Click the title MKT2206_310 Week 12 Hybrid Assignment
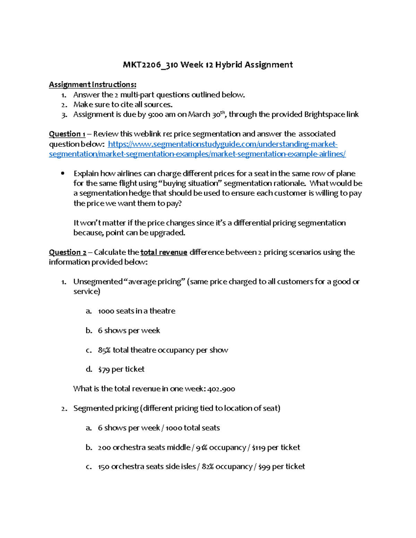208,65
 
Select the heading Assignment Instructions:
93,85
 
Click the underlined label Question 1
67,134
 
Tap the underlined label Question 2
67,252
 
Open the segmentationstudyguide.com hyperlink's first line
223,144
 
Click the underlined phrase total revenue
164,252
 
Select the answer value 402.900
221,389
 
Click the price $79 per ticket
121,369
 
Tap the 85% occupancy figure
104,350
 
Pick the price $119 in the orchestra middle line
259,448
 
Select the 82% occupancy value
207,467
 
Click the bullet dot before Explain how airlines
62,174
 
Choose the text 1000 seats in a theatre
137,311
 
